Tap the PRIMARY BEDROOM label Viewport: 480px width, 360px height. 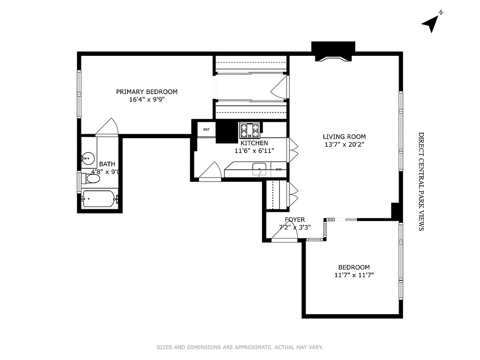tap(147, 92)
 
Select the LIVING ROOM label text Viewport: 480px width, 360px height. tap(344, 137)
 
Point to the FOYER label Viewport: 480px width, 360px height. tap(294, 220)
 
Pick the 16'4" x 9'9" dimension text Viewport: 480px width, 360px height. tap(147, 99)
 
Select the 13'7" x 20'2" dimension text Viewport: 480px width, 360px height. tap(344, 144)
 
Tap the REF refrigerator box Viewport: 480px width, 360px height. tap(206, 130)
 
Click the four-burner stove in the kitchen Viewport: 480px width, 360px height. tap(250, 130)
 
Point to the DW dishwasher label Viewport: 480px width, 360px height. tap(279, 170)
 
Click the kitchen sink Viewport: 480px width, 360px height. tap(259, 170)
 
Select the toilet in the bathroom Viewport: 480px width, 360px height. tap(91, 179)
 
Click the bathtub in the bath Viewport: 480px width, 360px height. tap(99, 198)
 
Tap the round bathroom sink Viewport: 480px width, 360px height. tap(88, 158)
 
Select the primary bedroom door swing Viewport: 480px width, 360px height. tap(107, 127)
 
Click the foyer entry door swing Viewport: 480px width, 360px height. tap(284, 233)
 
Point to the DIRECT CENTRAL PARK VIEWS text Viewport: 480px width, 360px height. tap(421, 181)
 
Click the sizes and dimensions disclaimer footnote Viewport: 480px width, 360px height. tap(240, 347)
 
